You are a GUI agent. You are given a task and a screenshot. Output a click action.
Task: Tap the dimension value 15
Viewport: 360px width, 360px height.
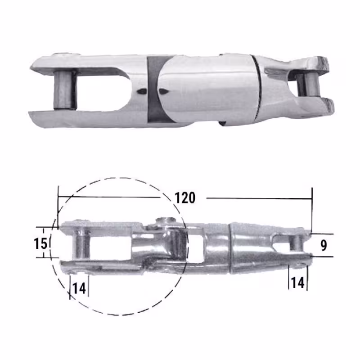[x=40, y=243]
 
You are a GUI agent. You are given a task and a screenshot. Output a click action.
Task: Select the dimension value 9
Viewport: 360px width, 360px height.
[x=324, y=245]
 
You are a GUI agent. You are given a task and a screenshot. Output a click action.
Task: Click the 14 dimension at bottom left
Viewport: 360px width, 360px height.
[x=79, y=288]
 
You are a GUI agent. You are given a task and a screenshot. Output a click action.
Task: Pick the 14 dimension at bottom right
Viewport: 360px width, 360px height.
[x=297, y=283]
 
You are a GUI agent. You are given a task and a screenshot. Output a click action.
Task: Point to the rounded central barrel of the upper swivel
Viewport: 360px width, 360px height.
[x=207, y=88]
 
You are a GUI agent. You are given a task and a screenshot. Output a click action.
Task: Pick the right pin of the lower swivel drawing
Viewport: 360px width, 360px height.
[x=296, y=243]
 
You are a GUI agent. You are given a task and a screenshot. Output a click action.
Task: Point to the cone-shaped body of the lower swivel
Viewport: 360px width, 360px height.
[x=252, y=247]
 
